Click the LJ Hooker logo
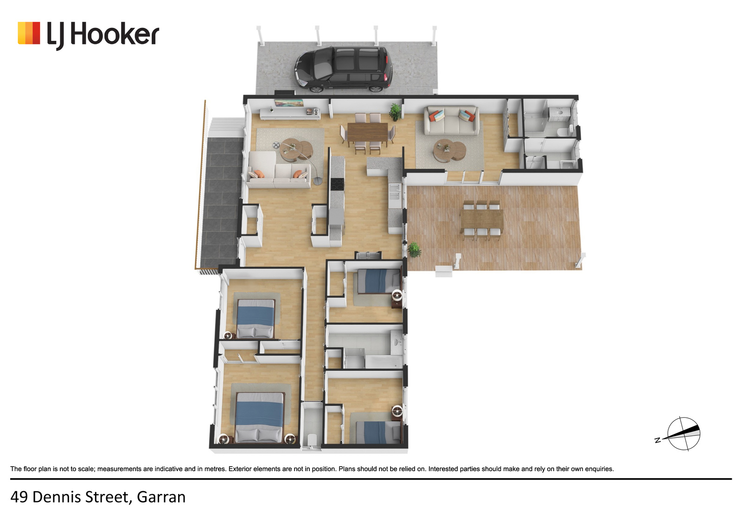pos(89,35)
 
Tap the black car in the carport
pos(344,69)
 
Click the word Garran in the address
pos(161,497)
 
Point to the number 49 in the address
pos(19,497)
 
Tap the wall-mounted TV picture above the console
pos(289,102)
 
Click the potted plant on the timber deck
pos(414,250)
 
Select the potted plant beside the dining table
pos(395,112)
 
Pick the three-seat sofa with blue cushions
pos(452,120)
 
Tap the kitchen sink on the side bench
pos(395,192)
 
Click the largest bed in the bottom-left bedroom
pos(260,417)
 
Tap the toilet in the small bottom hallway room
pos(311,441)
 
